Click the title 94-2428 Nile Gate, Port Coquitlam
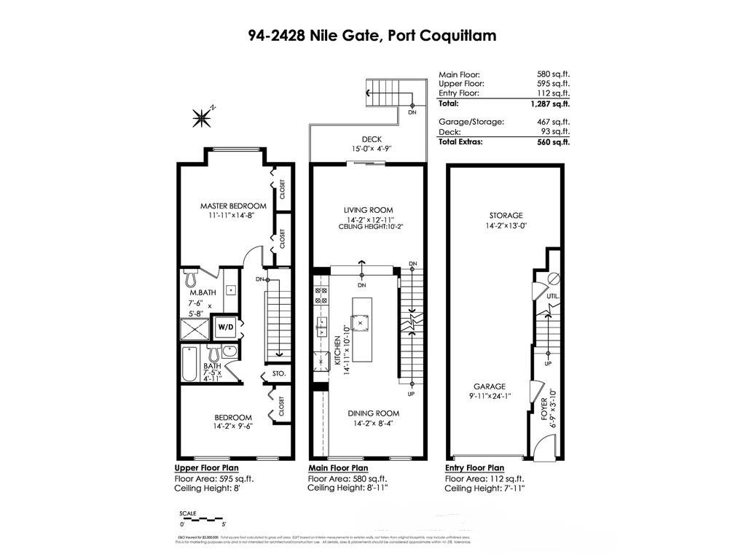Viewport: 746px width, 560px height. pyautogui.click(x=372, y=35)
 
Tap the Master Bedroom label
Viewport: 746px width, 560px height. pyautogui.click(x=233, y=206)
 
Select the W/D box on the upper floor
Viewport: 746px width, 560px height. pyautogui.click(x=225, y=327)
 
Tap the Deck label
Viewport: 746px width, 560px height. pyautogui.click(x=372, y=139)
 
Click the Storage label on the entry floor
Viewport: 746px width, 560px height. pyautogui.click(x=506, y=215)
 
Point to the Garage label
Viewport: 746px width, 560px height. pyautogui.click(x=489, y=386)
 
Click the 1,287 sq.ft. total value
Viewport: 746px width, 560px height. pyautogui.click(x=551, y=104)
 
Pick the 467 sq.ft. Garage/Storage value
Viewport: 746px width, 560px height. pyautogui.click(x=553, y=122)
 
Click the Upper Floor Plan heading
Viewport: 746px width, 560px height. pyautogui.click(x=206, y=468)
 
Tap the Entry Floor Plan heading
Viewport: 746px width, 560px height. pyautogui.click(x=474, y=468)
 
